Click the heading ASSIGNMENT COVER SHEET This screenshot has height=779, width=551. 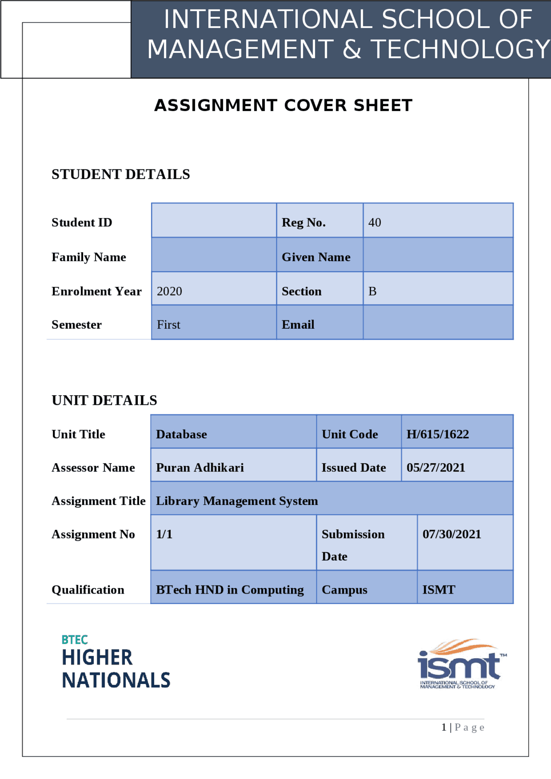click(x=283, y=105)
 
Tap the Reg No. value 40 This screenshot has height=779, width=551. click(x=375, y=222)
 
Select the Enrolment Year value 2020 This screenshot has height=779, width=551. click(x=169, y=291)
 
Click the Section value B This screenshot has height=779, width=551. click(x=372, y=291)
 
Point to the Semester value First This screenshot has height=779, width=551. click(x=168, y=324)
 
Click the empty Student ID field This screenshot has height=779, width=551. click(x=214, y=220)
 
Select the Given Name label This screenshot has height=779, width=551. click(x=316, y=257)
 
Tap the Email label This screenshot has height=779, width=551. click(x=298, y=324)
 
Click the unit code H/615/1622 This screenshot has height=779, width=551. click(x=437, y=434)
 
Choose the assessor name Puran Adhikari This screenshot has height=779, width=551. click(x=200, y=468)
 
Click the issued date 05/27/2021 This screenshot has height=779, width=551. click(x=436, y=468)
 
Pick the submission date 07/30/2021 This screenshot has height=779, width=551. click(x=452, y=534)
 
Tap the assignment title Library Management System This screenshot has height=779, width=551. click(x=237, y=501)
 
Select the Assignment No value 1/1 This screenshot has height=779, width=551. click(x=164, y=534)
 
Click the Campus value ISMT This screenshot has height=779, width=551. click(x=439, y=590)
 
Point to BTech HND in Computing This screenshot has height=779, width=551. click(x=229, y=590)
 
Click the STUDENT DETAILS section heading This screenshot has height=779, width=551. click(x=121, y=174)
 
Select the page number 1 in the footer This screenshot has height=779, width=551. click(x=444, y=727)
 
